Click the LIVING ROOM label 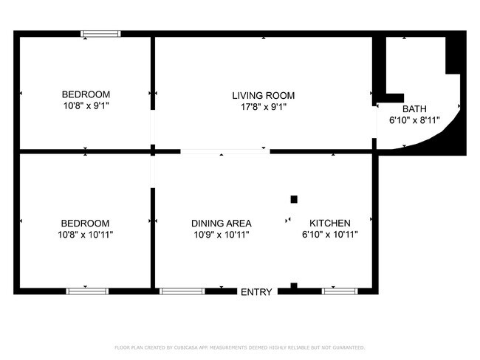[263, 95]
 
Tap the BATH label [414, 108]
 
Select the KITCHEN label [329, 223]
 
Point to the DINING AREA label [221, 223]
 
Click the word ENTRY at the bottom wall [256, 292]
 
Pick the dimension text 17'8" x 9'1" [263, 107]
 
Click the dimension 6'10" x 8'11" [414, 120]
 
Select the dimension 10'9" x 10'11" [221, 235]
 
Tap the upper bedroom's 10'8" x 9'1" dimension [86, 106]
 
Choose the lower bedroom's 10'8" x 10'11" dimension [86, 235]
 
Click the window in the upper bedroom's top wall [100, 33]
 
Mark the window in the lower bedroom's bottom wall [87, 291]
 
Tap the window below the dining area [182, 291]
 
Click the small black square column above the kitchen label [294, 199]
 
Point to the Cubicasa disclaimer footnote [240, 347]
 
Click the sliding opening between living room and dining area [224, 152]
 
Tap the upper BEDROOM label [86, 94]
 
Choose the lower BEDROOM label [86, 223]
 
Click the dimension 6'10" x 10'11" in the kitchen [329, 235]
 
